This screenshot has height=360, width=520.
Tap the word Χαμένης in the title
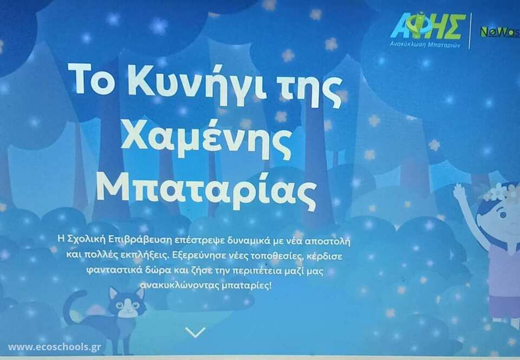pyautogui.click(x=206, y=139)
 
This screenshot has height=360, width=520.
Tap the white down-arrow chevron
pyautogui.click(x=196, y=332)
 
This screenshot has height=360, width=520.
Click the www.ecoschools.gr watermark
pyautogui.click(x=54, y=347)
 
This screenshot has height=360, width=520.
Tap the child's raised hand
pyautogui.click(x=460, y=192)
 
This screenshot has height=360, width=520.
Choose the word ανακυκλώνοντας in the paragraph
pyautogui.click(x=179, y=286)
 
